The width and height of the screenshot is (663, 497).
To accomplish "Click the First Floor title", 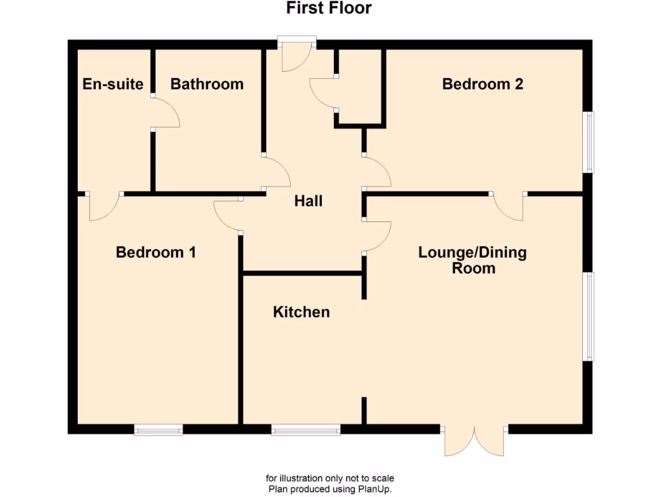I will (330, 8).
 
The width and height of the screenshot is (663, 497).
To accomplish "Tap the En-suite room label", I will (113, 84).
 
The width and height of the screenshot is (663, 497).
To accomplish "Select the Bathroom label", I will (207, 84).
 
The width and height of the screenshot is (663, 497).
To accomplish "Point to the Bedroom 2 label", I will (482, 84).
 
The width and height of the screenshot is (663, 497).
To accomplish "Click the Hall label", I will (308, 201).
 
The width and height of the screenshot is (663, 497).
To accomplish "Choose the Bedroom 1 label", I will (155, 252).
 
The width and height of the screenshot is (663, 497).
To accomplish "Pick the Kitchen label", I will (301, 313).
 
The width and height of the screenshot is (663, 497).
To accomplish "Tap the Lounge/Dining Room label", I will (473, 260).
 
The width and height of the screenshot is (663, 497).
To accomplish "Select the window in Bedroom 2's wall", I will (589, 142).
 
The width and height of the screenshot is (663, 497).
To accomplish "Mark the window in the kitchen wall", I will (306, 430).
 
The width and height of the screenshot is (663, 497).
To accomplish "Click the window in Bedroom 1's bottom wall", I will (158, 430).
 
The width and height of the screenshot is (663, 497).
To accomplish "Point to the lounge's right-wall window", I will (589, 316).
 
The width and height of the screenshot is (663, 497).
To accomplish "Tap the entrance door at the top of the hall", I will (296, 55).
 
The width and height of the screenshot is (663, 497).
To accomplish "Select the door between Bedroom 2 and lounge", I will (509, 206).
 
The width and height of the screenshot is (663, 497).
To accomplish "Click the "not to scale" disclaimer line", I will (330, 478).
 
